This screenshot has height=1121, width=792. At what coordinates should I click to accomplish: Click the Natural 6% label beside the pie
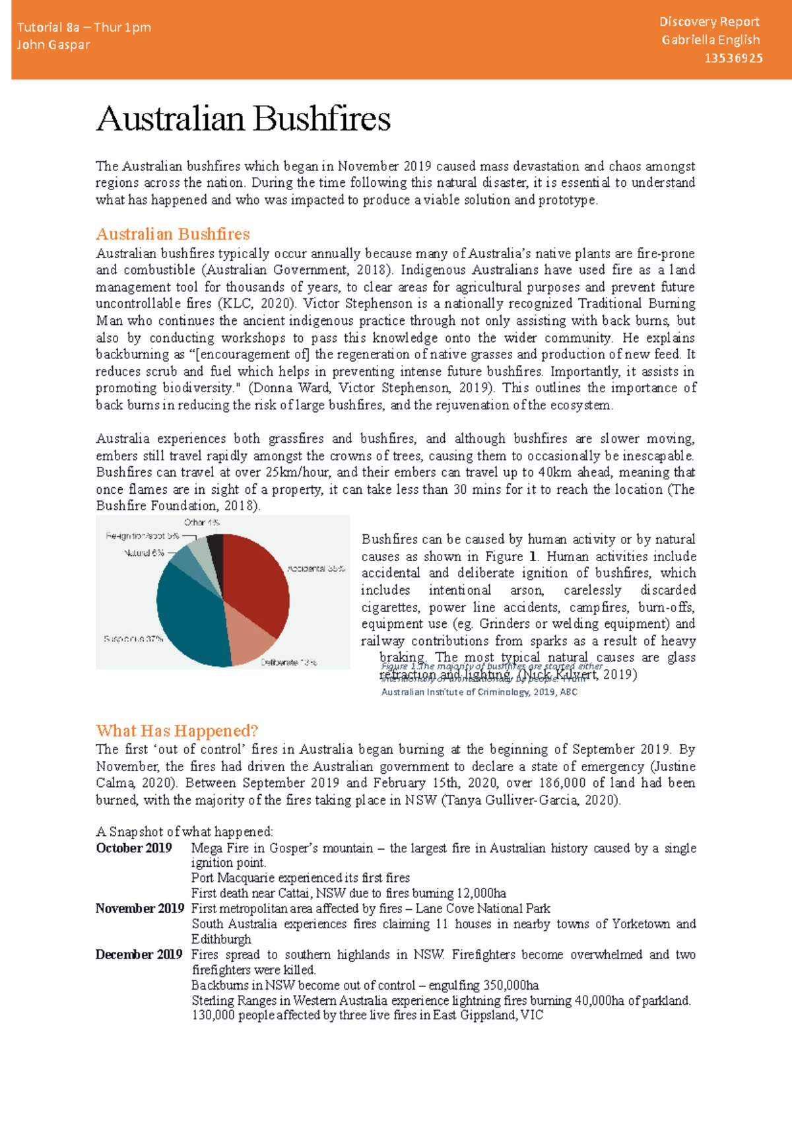click(x=144, y=553)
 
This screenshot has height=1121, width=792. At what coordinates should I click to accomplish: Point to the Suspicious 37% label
click(x=133, y=639)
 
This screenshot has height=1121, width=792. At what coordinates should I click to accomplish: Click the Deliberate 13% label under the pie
click(x=288, y=662)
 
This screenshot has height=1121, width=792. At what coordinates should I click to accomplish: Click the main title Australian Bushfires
click(x=243, y=119)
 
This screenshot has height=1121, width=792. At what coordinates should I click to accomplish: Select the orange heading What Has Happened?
click(x=177, y=731)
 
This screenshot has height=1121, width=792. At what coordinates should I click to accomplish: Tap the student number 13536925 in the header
click(x=733, y=58)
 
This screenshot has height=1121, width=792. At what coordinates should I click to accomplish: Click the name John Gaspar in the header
click(x=53, y=45)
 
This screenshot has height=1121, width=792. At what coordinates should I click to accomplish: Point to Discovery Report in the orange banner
click(x=709, y=22)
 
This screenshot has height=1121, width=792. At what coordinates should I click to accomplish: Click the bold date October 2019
click(x=134, y=848)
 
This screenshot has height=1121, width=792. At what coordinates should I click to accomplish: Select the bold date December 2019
click(x=139, y=955)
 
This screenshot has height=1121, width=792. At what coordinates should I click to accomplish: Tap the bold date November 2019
click(x=139, y=908)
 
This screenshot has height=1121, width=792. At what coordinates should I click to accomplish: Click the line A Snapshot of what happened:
click(x=184, y=831)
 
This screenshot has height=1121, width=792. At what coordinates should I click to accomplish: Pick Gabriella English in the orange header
click(x=710, y=40)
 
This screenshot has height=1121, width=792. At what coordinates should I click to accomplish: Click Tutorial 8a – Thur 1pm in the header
click(x=84, y=27)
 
